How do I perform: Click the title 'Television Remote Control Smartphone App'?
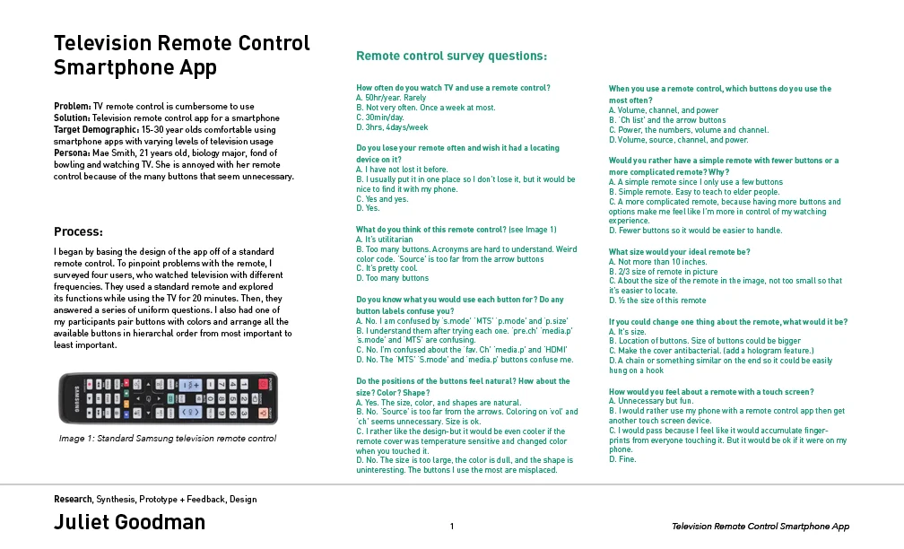pos(181,56)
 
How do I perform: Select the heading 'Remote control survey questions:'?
pos(451,57)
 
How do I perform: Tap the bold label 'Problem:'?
pos(73,107)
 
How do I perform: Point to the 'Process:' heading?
pos(78,231)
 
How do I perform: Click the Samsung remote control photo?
pos(168,398)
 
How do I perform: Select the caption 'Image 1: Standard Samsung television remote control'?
pos(167,439)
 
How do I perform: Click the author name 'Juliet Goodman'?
pos(129,522)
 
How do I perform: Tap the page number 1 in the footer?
pos(452,527)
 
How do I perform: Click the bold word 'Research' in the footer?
pos(73,499)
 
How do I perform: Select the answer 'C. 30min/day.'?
pos(380,118)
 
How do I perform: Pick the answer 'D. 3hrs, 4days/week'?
pos(392,127)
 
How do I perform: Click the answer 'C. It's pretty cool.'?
pos(387,268)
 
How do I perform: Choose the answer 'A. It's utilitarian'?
pos(385,240)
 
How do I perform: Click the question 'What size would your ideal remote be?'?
pos(680,252)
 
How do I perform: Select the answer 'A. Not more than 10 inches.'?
pos(656,262)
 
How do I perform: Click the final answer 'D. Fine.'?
pos(622,459)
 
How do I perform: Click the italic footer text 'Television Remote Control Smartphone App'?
pos(760,527)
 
